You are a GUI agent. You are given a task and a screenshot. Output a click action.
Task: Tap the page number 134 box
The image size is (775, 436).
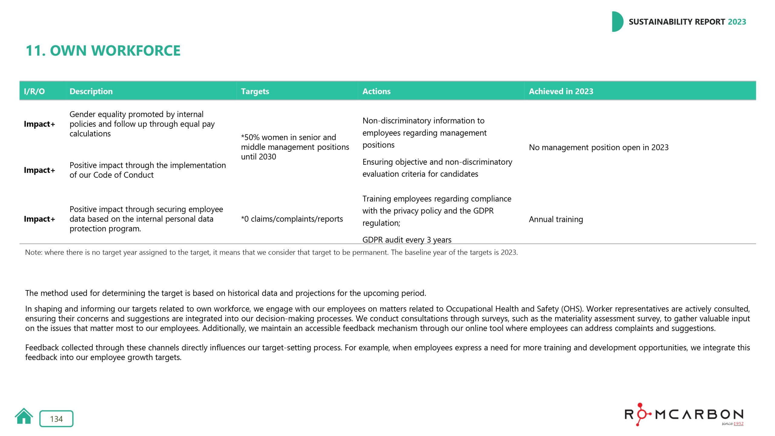tap(56, 419)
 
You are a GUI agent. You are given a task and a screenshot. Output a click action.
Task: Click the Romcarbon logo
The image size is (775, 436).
tap(684, 415)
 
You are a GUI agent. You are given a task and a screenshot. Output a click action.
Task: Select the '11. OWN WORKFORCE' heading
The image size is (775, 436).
tap(103, 51)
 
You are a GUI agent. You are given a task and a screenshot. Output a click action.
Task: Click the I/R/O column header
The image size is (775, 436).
tap(34, 91)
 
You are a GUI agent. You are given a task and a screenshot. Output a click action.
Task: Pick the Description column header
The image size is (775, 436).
tap(91, 91)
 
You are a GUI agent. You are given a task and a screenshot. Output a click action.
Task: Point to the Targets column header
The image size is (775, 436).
tap(255, 91)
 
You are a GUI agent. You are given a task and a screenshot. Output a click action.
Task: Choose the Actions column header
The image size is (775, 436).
tap(376, 91)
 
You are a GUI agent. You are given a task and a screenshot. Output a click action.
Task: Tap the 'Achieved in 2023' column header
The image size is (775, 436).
tap(561, 91)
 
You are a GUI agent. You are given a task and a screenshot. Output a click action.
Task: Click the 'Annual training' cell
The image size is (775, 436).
tap(556, 219)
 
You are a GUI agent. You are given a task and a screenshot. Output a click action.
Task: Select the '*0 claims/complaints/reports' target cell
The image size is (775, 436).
tap(292, 219)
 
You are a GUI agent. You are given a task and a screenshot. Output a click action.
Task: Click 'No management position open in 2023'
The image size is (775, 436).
tap(599, 147)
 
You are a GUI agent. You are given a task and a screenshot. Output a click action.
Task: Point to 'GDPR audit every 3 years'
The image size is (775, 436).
tap(407, 240)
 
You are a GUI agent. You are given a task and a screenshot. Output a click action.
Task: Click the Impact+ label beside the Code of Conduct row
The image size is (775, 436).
tap(39, 170)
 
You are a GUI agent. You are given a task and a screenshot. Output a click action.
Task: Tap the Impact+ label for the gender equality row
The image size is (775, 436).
tap(39, 124)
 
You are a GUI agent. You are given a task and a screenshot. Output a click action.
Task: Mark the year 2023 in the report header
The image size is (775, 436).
tap(737, 22)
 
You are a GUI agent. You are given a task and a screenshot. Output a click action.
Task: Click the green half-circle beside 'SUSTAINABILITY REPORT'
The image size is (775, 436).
tap(617, 22)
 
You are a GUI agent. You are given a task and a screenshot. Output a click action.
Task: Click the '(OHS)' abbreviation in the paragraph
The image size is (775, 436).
tap(572, 309)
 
